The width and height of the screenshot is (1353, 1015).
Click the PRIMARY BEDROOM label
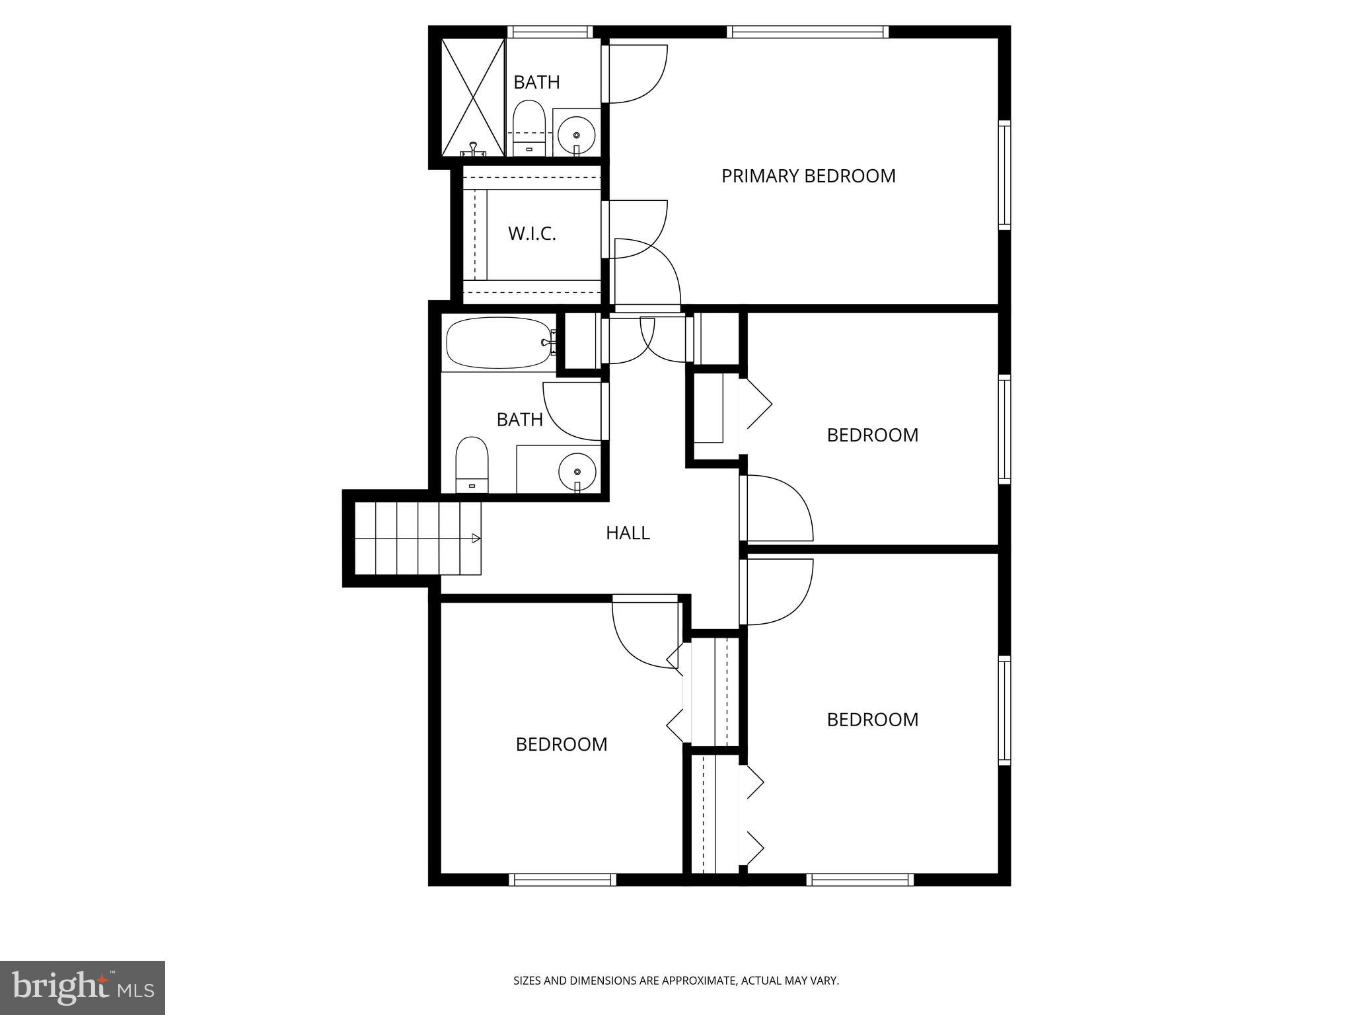coord(808,176)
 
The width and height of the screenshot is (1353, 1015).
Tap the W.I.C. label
coord(532,233)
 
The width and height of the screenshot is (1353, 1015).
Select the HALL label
coord(628,533)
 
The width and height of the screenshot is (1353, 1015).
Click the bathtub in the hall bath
coord(499,342)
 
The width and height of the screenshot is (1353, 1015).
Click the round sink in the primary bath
coord(577,135)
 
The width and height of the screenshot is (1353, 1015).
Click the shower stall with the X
coord(473,96)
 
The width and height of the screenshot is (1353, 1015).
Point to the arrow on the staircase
coord(476,539)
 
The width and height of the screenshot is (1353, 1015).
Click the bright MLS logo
coord(83,987)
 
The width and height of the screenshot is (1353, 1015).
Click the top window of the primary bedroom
coord(807,32)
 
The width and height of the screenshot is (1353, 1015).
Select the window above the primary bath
coord(550,32)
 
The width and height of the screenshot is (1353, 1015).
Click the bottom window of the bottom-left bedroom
coord(562,880)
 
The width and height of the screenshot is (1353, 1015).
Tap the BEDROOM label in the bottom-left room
coord(562,745)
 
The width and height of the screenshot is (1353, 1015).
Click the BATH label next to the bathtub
coord(519,420)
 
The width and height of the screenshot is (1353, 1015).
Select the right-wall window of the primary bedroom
coord(1004,175)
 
